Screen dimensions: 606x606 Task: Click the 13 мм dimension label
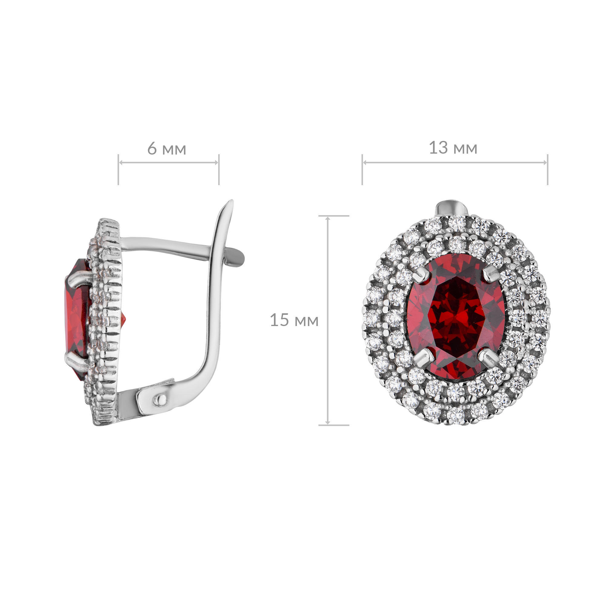pos(453,148)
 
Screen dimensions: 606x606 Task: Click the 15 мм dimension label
pos(294,320)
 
